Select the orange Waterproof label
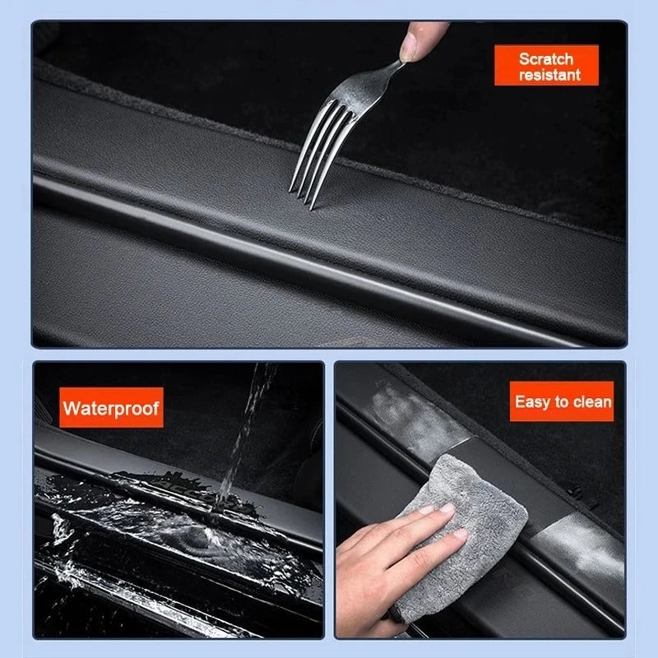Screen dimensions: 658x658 tap(112, 407)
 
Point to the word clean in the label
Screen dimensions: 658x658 tap(593, 402)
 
